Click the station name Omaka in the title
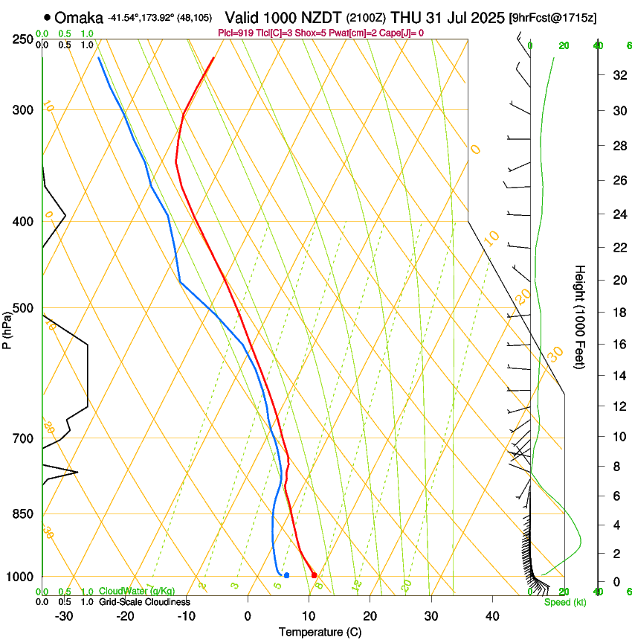pyautogui.click(x=79, y=17)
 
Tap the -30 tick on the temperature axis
pyautogui.click(x=64, y=616)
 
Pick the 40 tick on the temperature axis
pyautogui.click(x=491, y=616)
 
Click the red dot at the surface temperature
pyautogui.click(x=315, y=575)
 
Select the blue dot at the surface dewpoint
pyautogui.click(x=286, y=575)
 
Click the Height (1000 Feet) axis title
pyautogui.click(x=580, y=317)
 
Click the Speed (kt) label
pyautogui.click(x=564, y=602)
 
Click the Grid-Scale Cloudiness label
pyautogui.click(x=144, y=602)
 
